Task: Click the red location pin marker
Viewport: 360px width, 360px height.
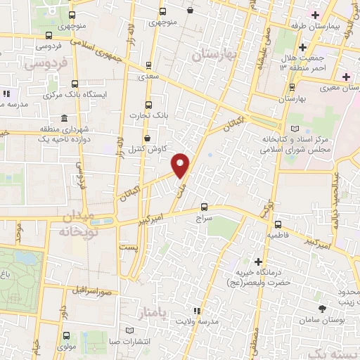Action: click(181, 165)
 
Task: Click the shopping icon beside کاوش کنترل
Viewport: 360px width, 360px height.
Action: click(147, 139)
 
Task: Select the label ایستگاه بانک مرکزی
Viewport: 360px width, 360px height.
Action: click(75, 94)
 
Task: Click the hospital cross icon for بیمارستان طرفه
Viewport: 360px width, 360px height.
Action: click(316, 15)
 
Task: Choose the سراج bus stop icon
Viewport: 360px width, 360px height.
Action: click(204, 207)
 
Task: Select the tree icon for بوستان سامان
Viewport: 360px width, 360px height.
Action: click(323, 309)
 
